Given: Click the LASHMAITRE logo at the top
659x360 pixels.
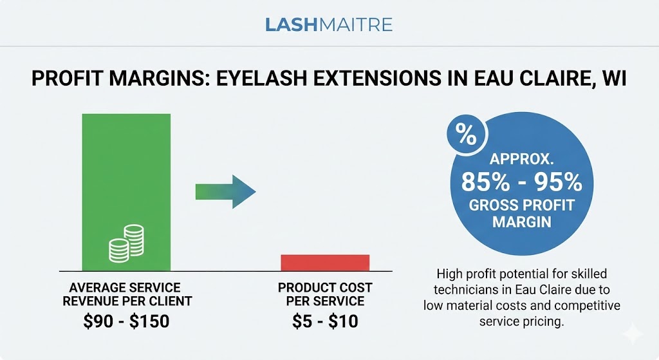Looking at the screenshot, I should tap(329, 25).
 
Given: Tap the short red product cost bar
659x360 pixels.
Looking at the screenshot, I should tap(325, 262).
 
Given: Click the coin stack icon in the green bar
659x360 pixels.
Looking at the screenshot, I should tap(126, 243).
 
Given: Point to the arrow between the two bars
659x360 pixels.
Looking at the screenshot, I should tap(225, 191).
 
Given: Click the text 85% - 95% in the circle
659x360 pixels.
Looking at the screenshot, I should tap(521, 183).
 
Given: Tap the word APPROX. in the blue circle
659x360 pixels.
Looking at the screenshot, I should tap(521, 160).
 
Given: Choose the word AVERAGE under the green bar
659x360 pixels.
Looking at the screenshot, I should tap(98, 287).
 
